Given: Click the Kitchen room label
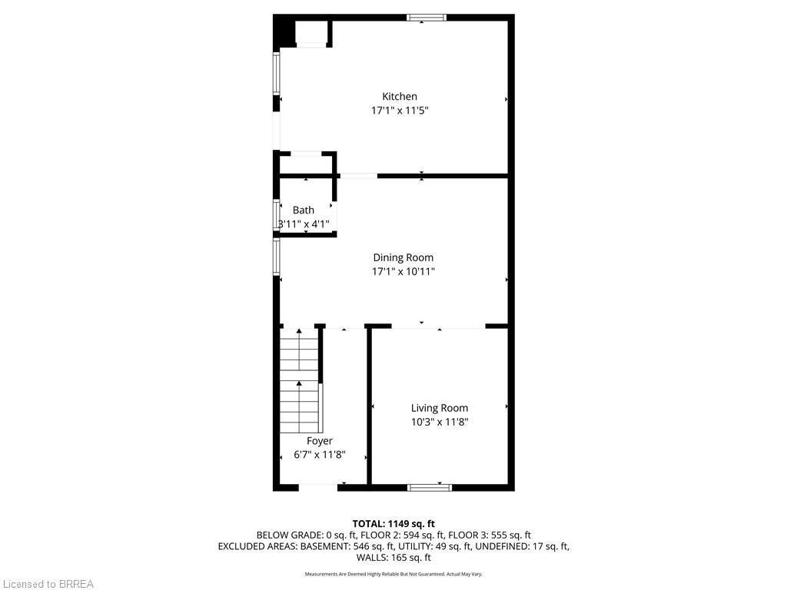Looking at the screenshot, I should pos(400,96).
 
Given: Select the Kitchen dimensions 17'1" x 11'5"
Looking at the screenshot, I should pos(400,111).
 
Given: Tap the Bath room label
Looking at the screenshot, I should pos(304,210).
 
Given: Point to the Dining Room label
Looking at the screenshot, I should pos(403,257).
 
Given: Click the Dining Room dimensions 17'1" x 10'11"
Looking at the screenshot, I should pos(403,271).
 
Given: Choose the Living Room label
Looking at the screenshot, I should pos(439,408).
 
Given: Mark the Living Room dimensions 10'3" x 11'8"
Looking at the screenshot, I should pos(439,422).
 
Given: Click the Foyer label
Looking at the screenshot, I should pos(320,441).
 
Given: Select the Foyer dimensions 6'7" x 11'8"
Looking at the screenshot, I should pos(320,455).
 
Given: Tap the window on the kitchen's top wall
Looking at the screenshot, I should pos(427,18).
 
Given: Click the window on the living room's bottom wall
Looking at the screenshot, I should pos(430,487).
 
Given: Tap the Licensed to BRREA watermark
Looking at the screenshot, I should pos(48,584).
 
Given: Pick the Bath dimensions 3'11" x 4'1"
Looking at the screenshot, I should pos(304,224).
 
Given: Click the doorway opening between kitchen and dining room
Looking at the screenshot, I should pos(358,176).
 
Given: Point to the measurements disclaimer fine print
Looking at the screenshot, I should pos(393,574).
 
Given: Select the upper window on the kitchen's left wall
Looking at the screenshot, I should pos(277,73).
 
